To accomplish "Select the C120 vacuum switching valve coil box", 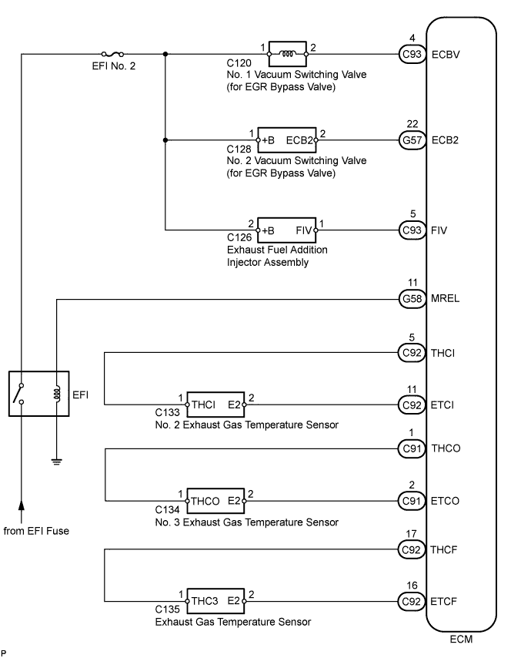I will (x=285, y=54).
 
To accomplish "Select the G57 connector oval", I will (x=412, y=141).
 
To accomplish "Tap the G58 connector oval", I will (x=412, y=298).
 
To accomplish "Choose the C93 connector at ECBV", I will (x=412, y=55).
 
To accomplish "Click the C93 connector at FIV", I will (x=412, y=230).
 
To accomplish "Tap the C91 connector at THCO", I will (x=412, y=448).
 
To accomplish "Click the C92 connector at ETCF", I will (x=412, y=599).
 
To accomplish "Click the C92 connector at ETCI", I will (x=412, y=404).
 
